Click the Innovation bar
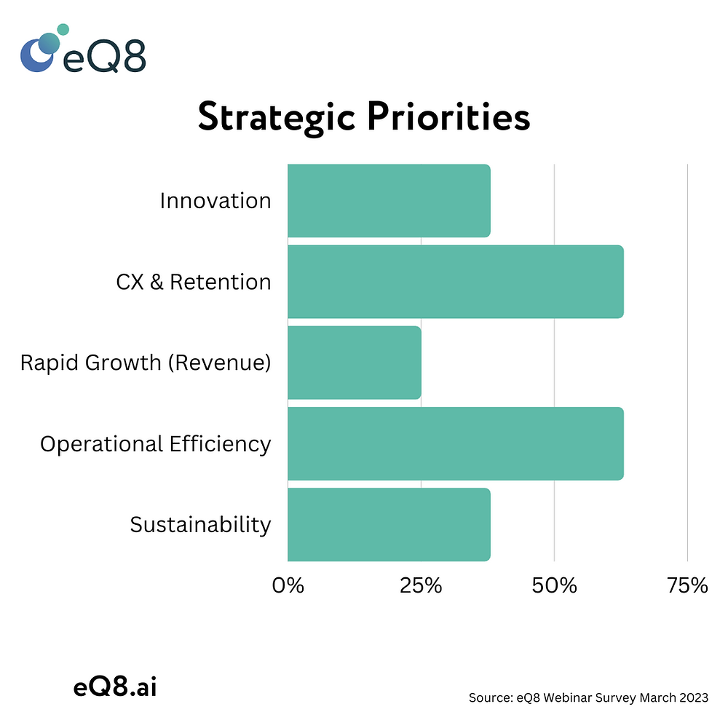coord(389,201)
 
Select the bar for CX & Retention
coord(456,281)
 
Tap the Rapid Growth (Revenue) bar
coord(355,363)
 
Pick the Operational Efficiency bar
coord(456,443)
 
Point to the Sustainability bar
coord(389,525)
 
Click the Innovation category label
coord(215,201)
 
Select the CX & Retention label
coord(194,282)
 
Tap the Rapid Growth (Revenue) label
coord(146,363)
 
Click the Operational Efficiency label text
coord(156,444)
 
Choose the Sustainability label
coord(201,525)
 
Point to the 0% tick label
coord(288,585)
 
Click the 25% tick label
coord(421,585)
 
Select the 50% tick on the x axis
coord(554,585)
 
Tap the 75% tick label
coord(688,585)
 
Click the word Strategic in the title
coord(277,118)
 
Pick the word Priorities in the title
coord(448,116)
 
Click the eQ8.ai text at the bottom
coord(115,687)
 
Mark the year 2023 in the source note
coord(694,697)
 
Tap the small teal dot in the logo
coord(63,29)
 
